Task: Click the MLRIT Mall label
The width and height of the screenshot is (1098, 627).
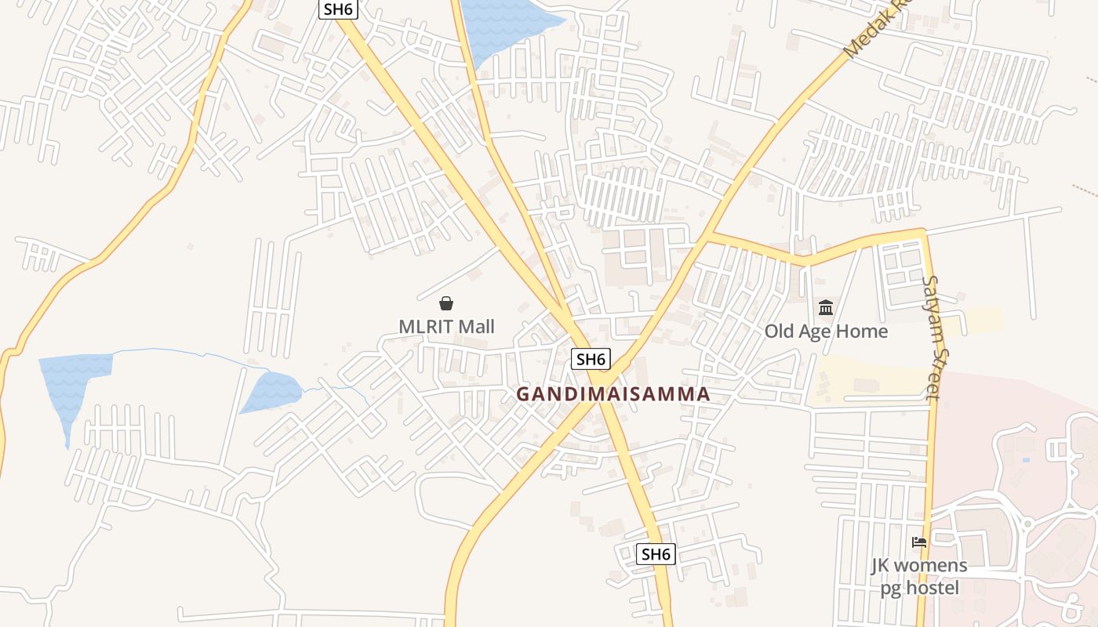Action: [446, 326]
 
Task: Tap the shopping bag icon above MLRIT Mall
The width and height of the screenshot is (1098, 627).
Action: [446, 303]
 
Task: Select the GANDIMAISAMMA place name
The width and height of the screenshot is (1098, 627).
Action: [613, 394]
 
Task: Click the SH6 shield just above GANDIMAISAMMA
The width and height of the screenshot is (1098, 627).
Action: [591, 359]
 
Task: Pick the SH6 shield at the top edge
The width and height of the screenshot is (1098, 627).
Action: [338, 9]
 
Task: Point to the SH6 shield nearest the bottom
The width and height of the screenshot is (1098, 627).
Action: [656, 554]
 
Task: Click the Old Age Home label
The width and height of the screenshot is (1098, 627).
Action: [826, 331]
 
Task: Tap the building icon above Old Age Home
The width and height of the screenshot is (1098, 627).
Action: [826, 307]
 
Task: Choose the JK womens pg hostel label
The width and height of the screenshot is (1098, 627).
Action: [919, 576]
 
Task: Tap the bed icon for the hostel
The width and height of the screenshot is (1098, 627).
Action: [919, 542]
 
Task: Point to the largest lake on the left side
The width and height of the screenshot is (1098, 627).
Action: [75, 384]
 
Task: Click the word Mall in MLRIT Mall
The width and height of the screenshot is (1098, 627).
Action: [476, 326]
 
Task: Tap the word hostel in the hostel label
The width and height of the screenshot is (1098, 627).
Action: [933, 587]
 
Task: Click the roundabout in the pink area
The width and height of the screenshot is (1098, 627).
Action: [1027, 523]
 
